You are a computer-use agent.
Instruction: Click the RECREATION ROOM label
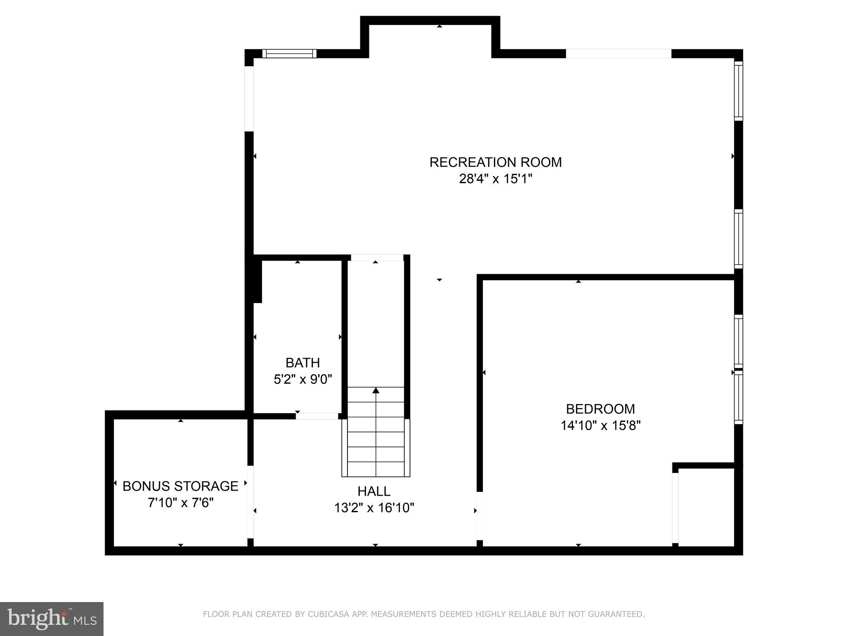tap(495, 162)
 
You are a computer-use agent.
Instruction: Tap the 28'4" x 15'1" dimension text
tap(495, 179)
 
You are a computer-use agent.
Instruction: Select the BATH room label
tap(303, 363)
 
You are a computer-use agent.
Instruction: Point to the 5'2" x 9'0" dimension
tap(303, 379)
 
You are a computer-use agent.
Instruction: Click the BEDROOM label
tap(600, 409)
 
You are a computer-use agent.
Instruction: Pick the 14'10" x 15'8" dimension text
tap(600, 426)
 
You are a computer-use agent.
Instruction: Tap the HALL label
tap(374, 491)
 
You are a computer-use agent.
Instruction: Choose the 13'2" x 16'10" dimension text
tap(374, 508)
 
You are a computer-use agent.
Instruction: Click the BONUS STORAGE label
tap(181, 486)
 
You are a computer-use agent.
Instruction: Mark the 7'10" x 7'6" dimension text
tap(181, 503)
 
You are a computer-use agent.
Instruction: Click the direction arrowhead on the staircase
tap(376, 390)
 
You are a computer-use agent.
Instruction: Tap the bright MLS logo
tap(52, 619)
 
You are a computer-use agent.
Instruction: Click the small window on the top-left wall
tap(289, 53)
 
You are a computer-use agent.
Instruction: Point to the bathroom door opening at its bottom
tap(317, 416)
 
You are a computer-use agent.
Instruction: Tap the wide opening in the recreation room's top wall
tap(618, 53)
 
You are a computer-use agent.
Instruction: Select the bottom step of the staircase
tap(376, 469)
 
